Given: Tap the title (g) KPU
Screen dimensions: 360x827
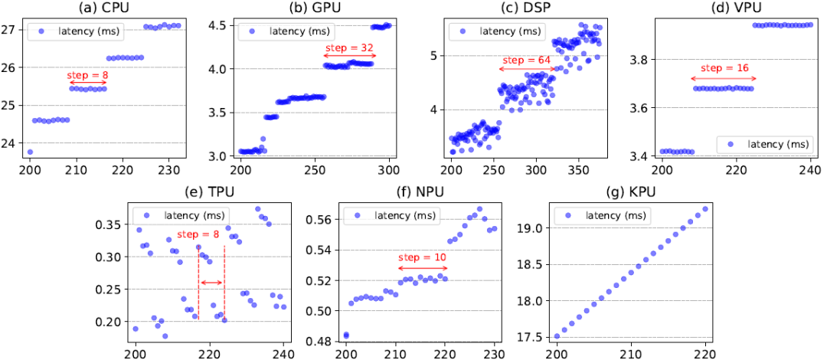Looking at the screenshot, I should click(x=630, y=190).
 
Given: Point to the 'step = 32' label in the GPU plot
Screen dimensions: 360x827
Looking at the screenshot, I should click(x=349, y=47).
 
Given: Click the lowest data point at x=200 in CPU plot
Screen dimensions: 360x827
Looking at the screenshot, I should click(x=30, y=152).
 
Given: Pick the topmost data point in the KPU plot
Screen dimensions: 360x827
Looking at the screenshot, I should click(x=704, y=209).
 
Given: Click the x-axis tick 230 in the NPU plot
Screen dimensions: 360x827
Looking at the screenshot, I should click(x=495, y=354).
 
